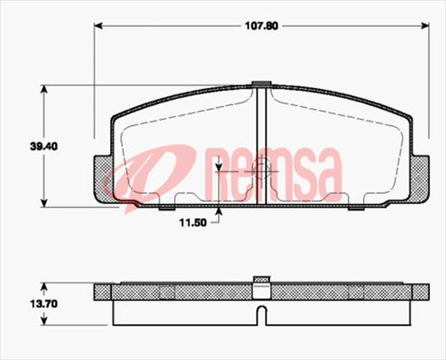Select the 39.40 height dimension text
coord(22,147)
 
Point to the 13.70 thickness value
coord(22,303)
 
